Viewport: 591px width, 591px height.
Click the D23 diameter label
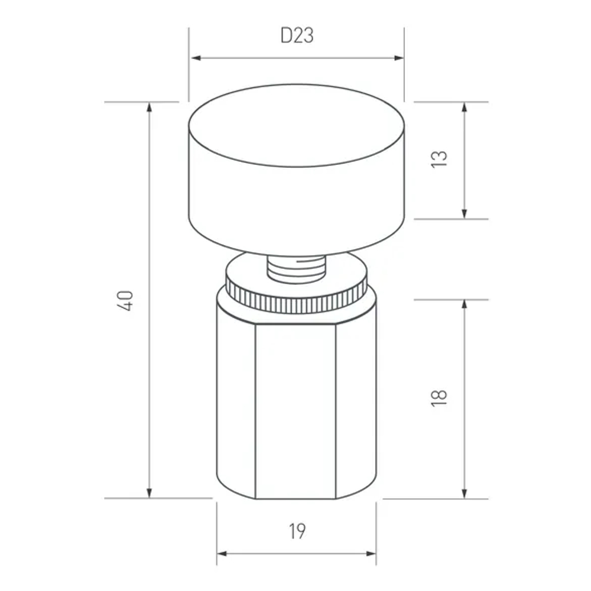297,36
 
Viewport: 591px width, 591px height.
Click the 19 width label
297,531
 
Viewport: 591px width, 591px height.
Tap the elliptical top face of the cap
297,125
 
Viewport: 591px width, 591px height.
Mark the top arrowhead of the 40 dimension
150,107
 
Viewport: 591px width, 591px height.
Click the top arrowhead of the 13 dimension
465,107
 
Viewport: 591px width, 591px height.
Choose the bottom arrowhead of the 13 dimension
465,213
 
